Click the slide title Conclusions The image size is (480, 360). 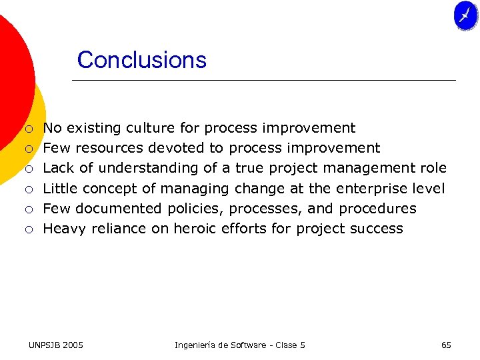coord(141,60)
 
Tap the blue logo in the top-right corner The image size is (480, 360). coord(465,15)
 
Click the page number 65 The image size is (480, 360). coord(446,345)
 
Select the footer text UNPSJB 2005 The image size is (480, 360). coord(56,345)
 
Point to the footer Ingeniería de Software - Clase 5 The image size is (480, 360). coord(239,345)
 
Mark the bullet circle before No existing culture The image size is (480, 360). coord(29,129)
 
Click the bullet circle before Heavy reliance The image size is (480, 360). coord(29,229)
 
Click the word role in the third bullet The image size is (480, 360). coord(432,168)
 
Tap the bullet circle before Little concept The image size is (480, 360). coord(29,189)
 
